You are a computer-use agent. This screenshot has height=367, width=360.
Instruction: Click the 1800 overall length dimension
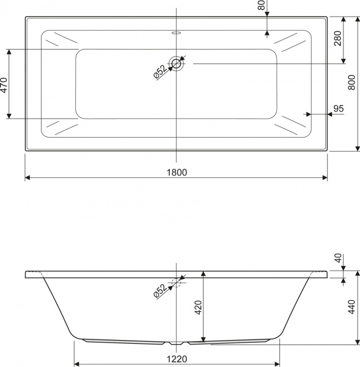(176, 172)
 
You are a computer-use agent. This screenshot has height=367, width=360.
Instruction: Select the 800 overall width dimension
(351, 83)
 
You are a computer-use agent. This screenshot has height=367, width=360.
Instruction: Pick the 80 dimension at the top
(261, 6)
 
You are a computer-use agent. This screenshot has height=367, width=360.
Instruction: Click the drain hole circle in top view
(177, 63)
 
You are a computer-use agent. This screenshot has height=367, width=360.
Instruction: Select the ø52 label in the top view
(159, 72)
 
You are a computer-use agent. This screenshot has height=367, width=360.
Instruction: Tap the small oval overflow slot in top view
(177, 33)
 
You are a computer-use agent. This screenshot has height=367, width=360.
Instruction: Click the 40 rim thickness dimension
(337, 258)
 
